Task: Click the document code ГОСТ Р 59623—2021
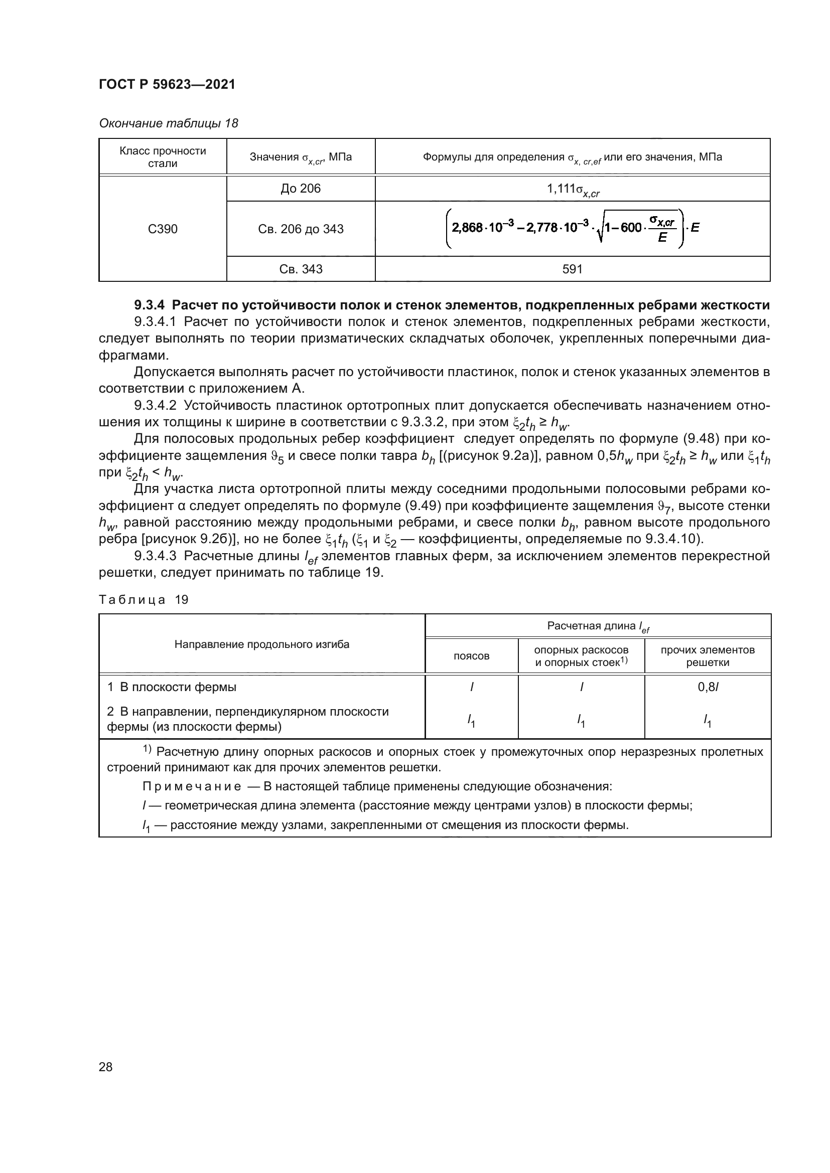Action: coord(167,85)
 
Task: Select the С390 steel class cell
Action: coord(163,229)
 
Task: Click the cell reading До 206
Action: coord(301,189)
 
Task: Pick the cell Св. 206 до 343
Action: coord(301,229)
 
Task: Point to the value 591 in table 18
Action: coord(572,269)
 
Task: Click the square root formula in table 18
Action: coord(572,228)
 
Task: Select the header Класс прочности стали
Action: coord(163,157)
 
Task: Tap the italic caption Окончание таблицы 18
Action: coord(168,123)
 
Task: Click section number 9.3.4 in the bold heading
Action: coord(149,305)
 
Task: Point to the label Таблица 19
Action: coord(144,600)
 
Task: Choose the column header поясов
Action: coord(471,656)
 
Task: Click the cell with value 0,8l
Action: coord(708,687)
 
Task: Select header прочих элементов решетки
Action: coord(708,656)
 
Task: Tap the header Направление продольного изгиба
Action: coord(261,644)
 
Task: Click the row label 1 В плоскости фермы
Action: coord(172,687)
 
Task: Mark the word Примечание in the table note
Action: coord(192,786)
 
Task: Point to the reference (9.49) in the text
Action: coord(423,506)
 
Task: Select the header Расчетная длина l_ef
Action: coord(598,626)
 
